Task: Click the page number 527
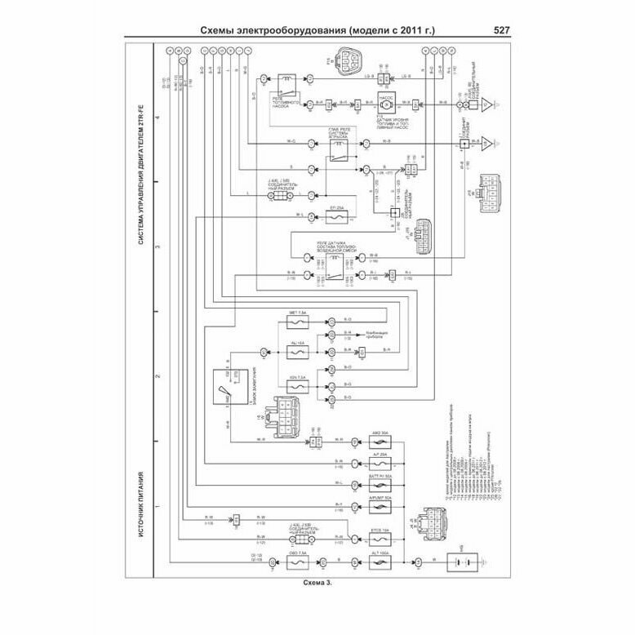click(x=502, y=31)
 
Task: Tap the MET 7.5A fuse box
click(x=297, y=319)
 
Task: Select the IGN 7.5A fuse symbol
click(x=297, y=384)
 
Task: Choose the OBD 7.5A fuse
click(x=296, y=562)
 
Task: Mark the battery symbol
click(x=461, y=562)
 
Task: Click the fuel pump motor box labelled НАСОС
click(x=383, y=104)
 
